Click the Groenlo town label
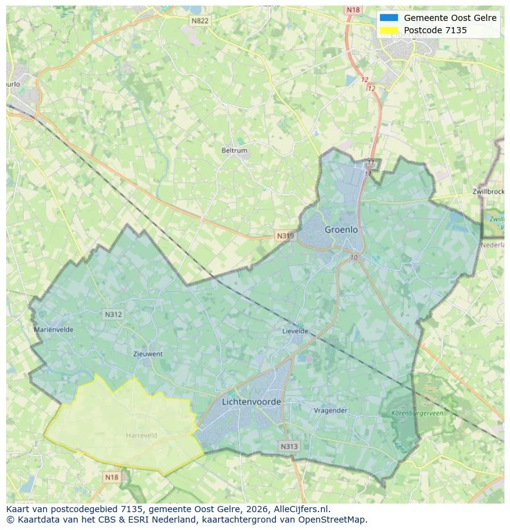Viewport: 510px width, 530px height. pos(341,230)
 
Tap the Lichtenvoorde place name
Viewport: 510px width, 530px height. pos(251,402)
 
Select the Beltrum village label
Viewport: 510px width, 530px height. pos(234,150)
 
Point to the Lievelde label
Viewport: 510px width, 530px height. pos(295,331)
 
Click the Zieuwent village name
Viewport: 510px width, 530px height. pos(148,354)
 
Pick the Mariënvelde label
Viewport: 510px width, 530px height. pos(54,329)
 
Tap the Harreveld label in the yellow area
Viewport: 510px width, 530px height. pos(141,435)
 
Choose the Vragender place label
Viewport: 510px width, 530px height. pos(331,411)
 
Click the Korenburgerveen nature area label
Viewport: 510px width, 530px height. pos(417,414)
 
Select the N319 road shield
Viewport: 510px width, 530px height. pos(285,236)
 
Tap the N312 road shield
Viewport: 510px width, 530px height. pos(113,315)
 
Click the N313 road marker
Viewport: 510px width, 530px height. pos(288,446)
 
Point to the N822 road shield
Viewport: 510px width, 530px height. pos(200,21)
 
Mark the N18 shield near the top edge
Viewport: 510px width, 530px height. pos(353,10)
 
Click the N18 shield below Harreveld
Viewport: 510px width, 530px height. pos(111,477)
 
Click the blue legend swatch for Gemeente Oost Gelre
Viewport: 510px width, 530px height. pos(389,18)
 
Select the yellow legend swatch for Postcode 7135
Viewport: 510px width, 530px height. pos(389,30)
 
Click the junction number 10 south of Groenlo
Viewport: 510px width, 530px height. pos(353,257)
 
